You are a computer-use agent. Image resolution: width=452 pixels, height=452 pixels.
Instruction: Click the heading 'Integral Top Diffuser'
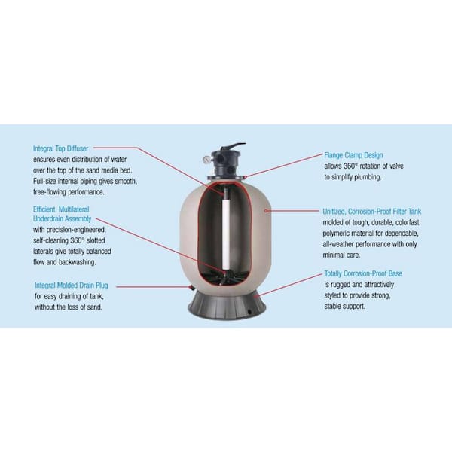[66, 148]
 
